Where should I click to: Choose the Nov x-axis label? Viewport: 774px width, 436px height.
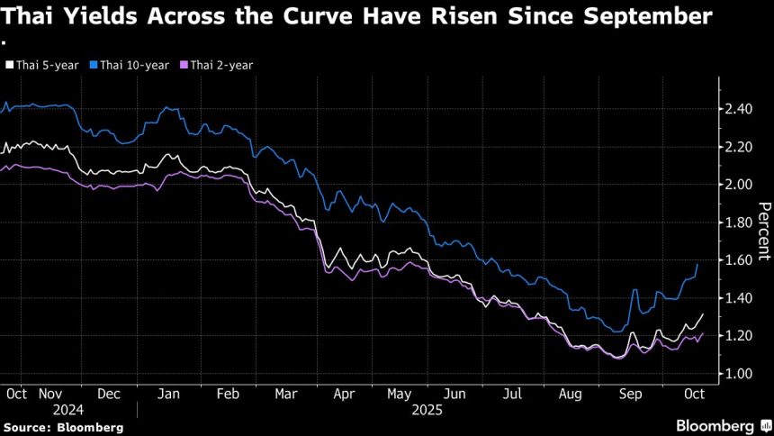tap(51, 394)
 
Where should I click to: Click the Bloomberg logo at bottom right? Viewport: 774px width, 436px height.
tap(716, 424)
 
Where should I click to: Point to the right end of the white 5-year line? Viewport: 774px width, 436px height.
tap(703, 314)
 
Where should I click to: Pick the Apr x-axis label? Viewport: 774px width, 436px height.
tap(345, 394)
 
